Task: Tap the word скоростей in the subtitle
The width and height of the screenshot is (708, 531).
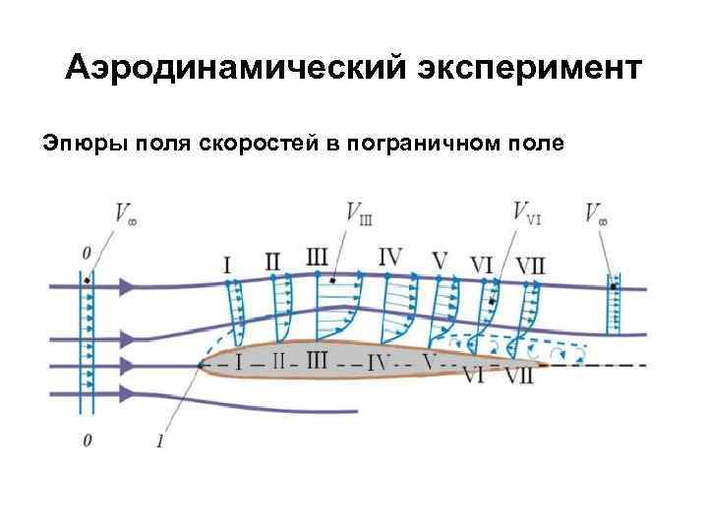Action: pyautogui.click(x=268, y=145)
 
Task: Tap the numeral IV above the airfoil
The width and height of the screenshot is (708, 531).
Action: pyautogui.click(x=390, y=258)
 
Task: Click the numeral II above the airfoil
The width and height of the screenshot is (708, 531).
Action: pyautogui.click(x=273, y=261)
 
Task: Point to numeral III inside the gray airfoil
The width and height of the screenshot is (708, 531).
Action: pyautogui.click(x=317, y=360)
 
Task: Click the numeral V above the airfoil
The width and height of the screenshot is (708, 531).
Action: pyautogui.click(x=440, y=262)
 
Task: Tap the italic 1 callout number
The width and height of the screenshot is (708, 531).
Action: pyautogui.click(x=158, y=441)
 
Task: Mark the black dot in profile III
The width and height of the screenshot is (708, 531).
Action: pyautogui.click(x=334, y=280)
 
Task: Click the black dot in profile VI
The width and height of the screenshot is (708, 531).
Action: pyautogui.click(x=492, y=298)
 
